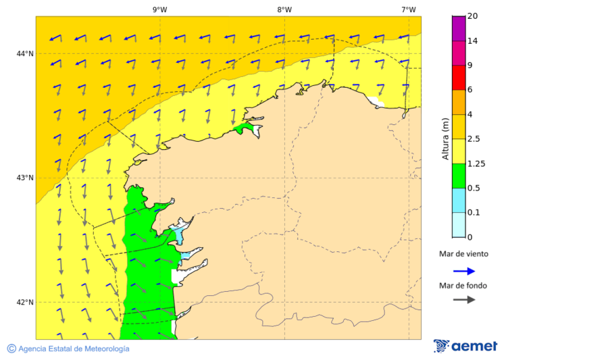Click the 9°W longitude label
[x=160, y=9]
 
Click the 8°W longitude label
[x=284, y=9]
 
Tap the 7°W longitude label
[x=409, y=9]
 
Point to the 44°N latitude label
[x=25, y=53]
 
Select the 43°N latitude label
[x=25, y=178]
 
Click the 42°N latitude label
[x=25, y=302]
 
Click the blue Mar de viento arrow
[x=464, y=271]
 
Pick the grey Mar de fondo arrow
[x=464, y=299]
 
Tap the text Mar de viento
[x=463, y=255]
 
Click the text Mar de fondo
[x=463, y=285]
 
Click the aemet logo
[x=465, y=346]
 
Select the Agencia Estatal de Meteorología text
[x=74, y=349]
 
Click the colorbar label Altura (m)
[x=445, y=138]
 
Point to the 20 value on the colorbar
[x=473, y=16]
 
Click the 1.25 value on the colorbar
[x=477, y=163]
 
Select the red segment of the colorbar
[x=459, y=78]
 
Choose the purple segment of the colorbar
[x=459, y=28]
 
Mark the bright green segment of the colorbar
[x=459, y=176]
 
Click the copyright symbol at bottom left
[x=11, y=349]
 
